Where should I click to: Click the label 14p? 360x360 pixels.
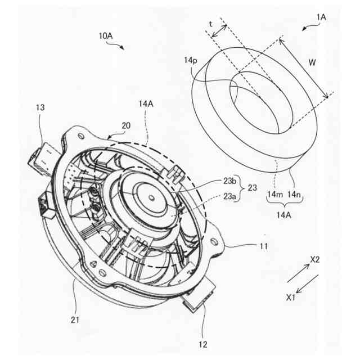tap(191, 61)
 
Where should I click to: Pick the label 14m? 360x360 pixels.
tap(274, 194)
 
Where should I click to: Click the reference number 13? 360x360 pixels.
tap(40, 107)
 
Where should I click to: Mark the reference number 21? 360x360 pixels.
tap(75, 320)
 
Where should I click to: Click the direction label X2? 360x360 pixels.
tap(315, 259)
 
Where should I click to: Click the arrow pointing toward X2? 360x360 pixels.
tap(298, 275)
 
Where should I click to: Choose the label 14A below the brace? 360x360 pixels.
tap(284, 214)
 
